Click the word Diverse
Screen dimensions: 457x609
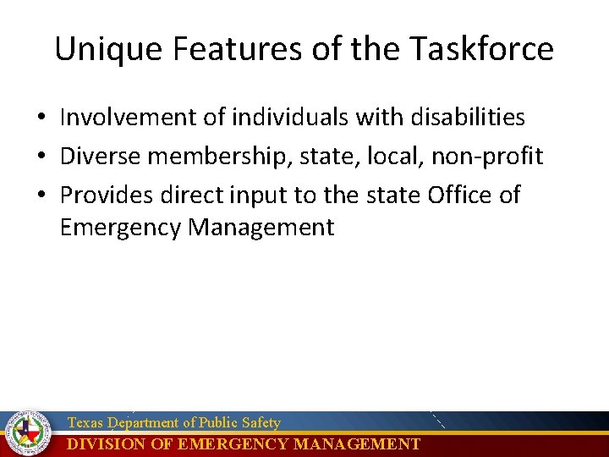click(101, 156)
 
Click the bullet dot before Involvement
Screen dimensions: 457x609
click(41, 118)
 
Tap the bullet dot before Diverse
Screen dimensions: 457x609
click(41, 157)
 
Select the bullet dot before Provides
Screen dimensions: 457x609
click(41, 195)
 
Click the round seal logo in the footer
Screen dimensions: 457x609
click(28, 433)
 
